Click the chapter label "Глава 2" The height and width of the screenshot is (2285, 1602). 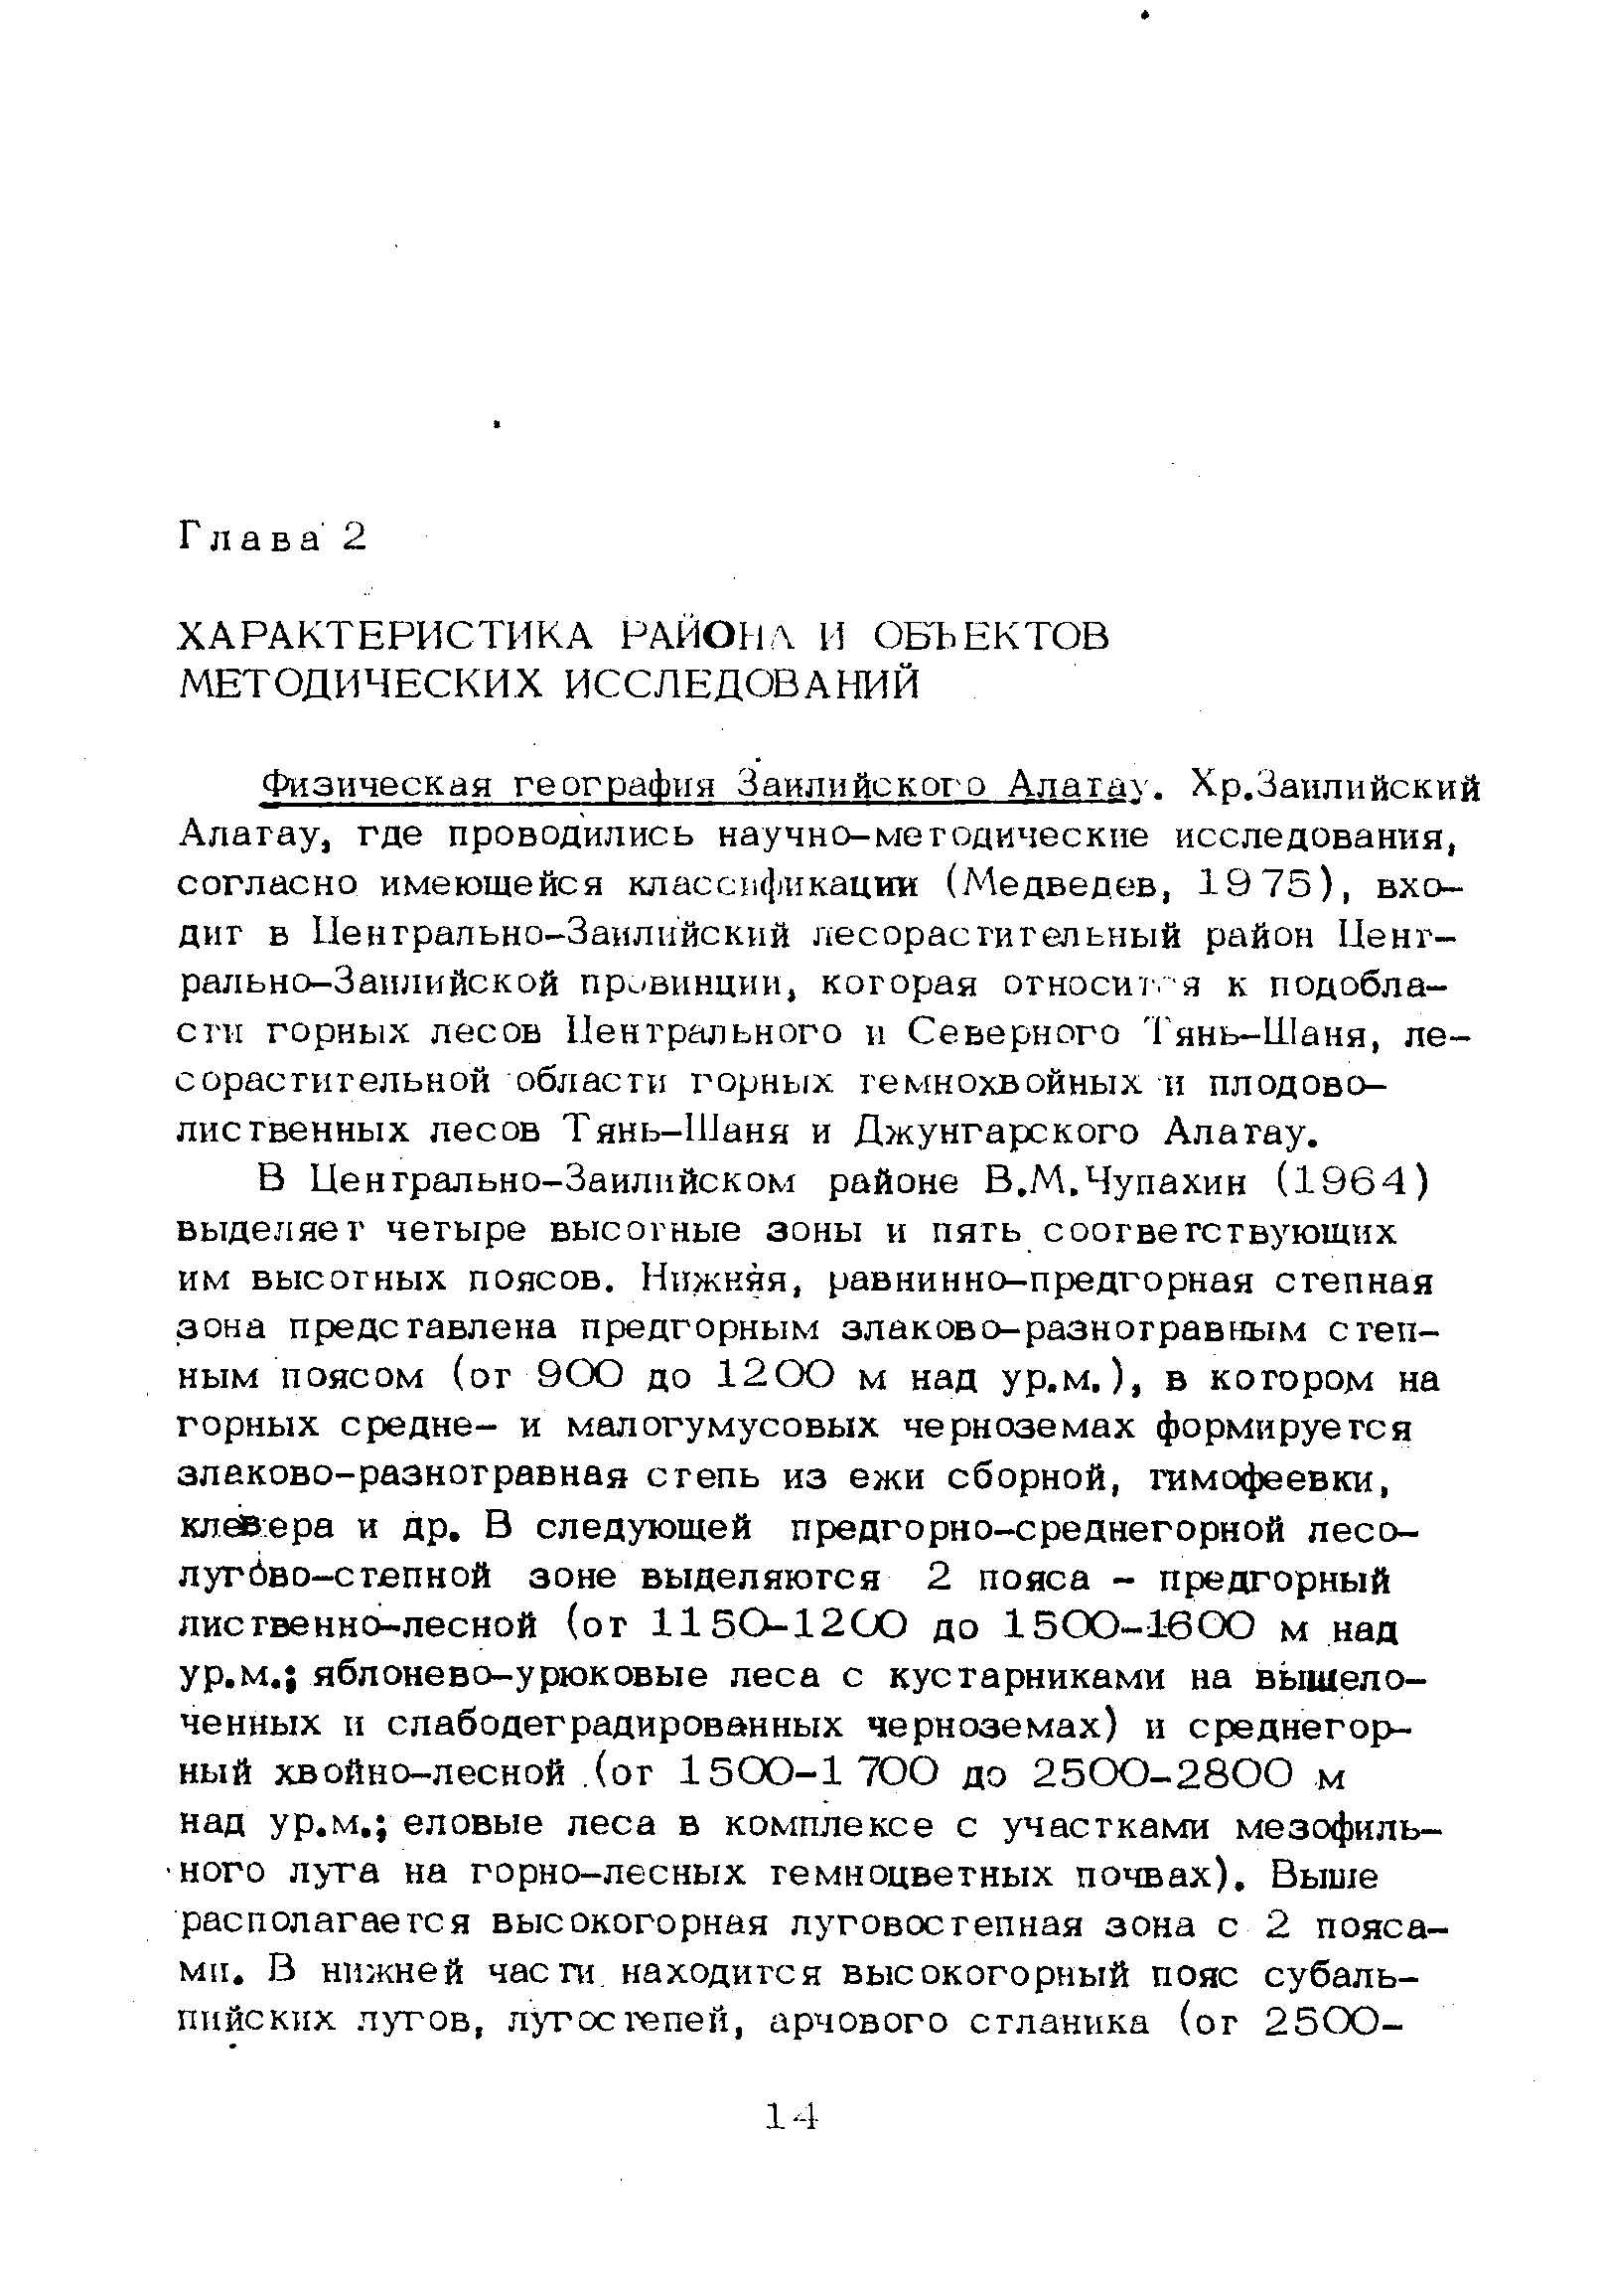click(x=272, y=538)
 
